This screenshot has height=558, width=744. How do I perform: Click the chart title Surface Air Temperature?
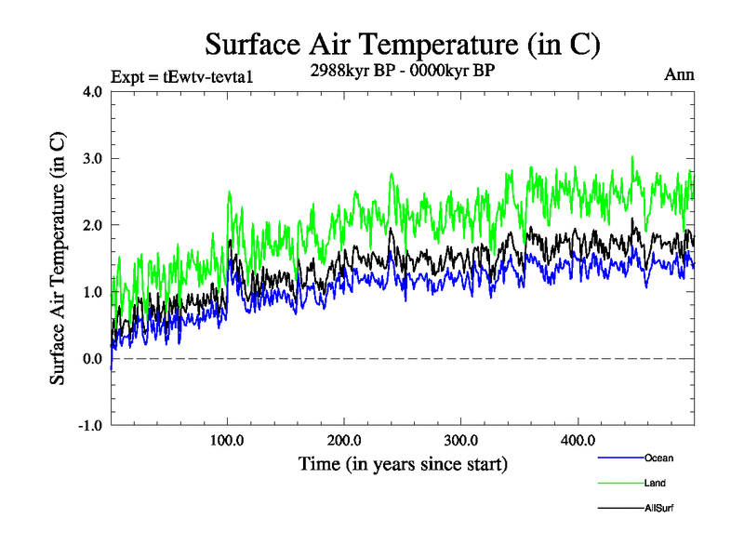pos(403,44)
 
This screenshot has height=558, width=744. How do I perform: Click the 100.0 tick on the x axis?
pos(227,441)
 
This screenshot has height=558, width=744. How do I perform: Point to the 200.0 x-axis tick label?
pos(344,441)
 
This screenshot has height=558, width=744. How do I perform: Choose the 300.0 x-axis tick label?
pos(461,441)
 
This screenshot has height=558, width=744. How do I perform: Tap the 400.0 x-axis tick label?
pos(578,441)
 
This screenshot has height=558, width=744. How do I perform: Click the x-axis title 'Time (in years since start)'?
pos(403,462)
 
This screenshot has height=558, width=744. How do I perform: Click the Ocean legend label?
pos(658,458)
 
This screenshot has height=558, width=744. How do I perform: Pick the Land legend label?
pos(655,484)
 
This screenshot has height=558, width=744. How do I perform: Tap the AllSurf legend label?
pos(658,509)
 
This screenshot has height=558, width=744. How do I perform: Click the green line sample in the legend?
pos(618,484)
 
